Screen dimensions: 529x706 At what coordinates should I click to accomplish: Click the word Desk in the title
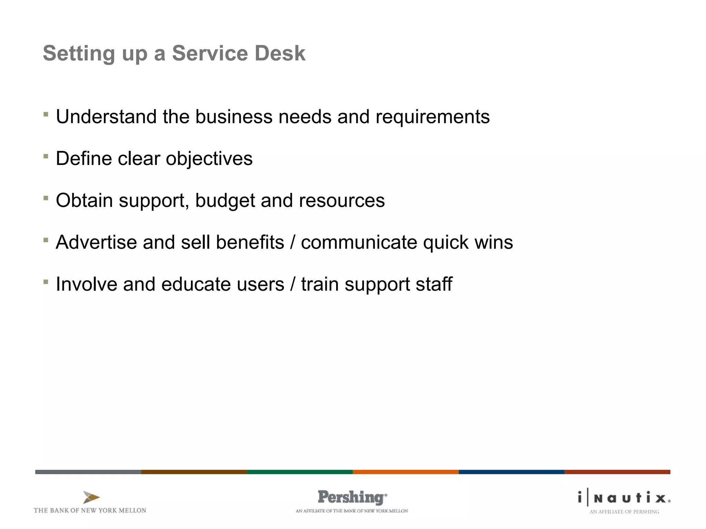[x=280, y=53]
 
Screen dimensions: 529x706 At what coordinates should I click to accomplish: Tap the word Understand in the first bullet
[x=106, y=117]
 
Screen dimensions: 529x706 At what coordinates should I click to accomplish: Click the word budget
[x=225, y=201]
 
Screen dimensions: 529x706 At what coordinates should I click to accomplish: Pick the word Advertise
[x=96, y=242]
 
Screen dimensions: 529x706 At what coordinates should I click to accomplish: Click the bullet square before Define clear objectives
[x=46, y=156]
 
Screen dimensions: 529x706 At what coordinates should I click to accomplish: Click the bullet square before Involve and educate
[x=46, y=282]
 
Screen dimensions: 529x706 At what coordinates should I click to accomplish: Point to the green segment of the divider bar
[x=300, y=472]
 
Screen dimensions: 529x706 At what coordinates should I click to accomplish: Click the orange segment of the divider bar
[x=405, y=472]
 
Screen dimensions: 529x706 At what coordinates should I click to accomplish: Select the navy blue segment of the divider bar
[x=511, y=472]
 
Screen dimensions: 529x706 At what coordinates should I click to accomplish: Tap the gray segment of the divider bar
[x=88, y=472]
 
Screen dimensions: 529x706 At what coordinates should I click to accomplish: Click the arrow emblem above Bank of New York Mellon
[x=91, y=497]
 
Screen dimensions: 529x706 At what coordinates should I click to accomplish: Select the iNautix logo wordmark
[x=624, y=498]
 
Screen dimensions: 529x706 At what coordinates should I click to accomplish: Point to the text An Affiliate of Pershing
[x=624, y=512]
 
